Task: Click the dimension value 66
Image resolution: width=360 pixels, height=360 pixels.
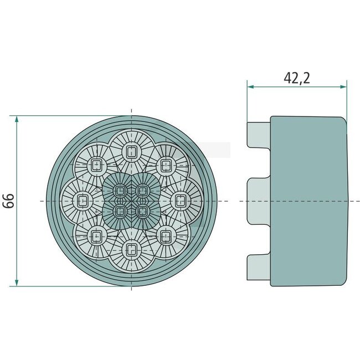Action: (8, 201)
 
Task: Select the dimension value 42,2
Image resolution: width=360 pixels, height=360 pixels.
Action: (296, 78)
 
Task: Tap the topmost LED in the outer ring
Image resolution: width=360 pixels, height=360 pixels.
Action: (131, 151)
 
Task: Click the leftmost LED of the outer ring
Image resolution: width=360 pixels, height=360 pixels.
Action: (83, 200)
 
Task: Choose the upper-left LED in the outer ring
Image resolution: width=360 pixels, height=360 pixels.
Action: (96, 164)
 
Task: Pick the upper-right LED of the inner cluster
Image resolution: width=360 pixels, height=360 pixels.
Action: (142, 191)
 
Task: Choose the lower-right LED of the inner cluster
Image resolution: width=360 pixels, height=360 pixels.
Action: (142, 210)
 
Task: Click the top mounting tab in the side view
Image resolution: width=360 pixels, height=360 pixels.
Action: (259, 135)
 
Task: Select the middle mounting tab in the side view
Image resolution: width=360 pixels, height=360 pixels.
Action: (259, 200)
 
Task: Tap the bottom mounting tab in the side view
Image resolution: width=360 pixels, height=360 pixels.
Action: (259, 266)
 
